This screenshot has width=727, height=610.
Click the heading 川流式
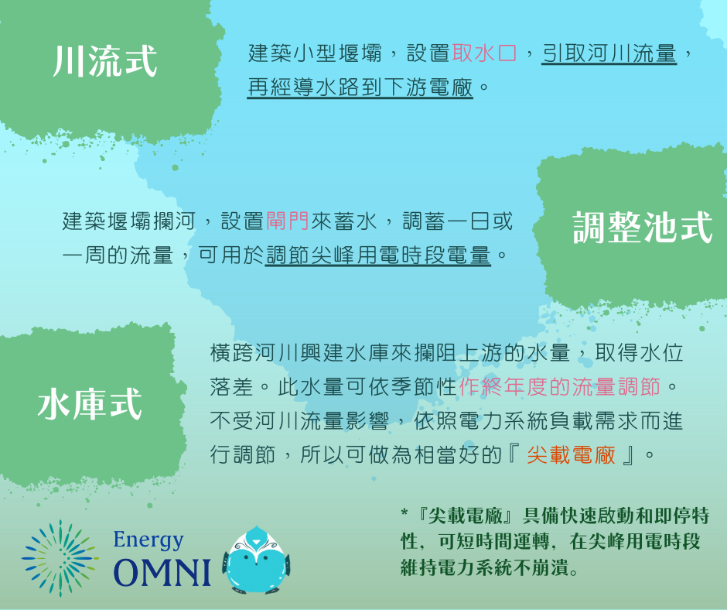[105, 61]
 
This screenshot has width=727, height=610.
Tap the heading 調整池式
[642, 227]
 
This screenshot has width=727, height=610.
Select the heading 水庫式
[90, 404]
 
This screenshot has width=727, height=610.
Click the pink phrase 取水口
[484, 53]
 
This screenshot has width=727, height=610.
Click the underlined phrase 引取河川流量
[609, 53]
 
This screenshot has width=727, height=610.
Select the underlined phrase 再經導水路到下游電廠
[360, 87]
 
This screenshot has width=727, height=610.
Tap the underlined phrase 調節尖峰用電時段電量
[378, 255]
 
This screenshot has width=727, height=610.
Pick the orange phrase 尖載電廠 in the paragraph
[572, 454]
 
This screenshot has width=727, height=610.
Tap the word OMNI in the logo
[162, 572]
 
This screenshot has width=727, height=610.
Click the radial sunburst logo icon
[60, 558]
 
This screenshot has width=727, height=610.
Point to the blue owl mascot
[255, 560]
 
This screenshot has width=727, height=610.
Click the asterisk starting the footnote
[404, 513]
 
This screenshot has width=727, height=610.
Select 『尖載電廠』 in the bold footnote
[464, 516]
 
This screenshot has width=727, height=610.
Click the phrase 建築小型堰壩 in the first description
[315, 53]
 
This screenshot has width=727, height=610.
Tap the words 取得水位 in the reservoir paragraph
[640, 353]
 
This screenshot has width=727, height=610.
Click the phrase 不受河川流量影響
[299, 420]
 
